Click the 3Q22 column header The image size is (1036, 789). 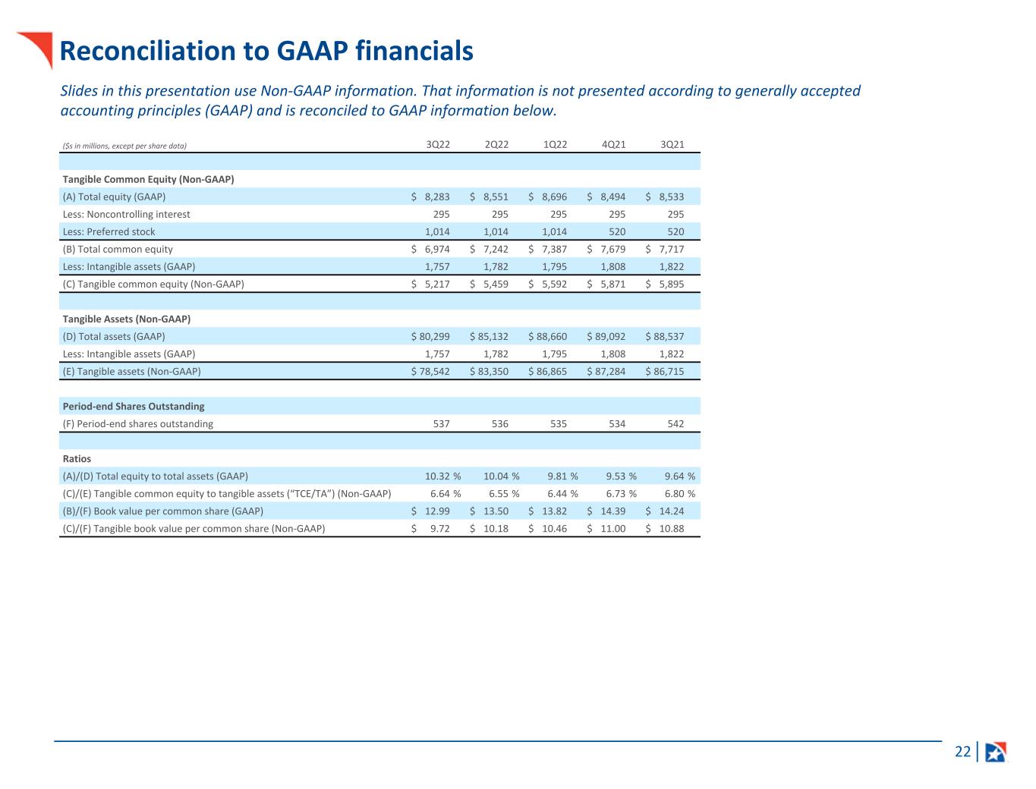[438, 144]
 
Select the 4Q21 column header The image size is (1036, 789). [613, 144]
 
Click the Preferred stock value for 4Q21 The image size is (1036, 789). [617, 231]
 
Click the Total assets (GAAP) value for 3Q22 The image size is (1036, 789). [431, 336]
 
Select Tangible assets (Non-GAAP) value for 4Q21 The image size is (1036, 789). [607, 371]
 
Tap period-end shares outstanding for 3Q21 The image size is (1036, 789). [675, 423]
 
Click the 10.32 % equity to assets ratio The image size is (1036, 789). [442, 476]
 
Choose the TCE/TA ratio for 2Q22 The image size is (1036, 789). [501, 493]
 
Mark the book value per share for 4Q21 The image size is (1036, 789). [612, 511]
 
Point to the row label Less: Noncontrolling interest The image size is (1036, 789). [127, 214]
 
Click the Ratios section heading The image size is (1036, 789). [77, 458]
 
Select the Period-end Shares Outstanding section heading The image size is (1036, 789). [134, 406]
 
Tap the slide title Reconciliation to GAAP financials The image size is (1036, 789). [266, 51]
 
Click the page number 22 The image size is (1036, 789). [962, 752]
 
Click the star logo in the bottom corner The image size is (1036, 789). [995, 752]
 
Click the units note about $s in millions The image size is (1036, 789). [124, 145]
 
